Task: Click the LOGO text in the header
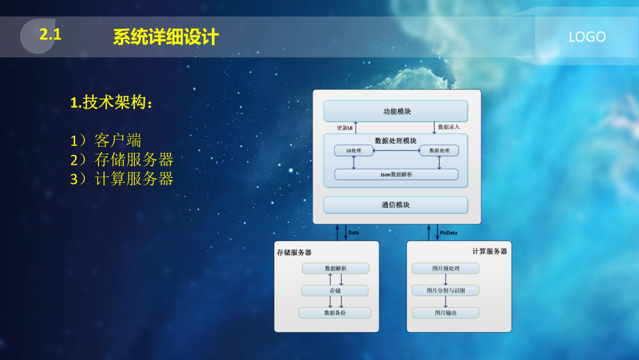(587, 38)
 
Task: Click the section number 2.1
(51, 35)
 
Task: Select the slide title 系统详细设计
(166, 38)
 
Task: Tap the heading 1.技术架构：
(111, 103)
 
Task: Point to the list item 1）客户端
(106, 141)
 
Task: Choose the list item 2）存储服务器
(122, 160)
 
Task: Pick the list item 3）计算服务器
(122, 179)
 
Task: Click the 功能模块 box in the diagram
(396, 111)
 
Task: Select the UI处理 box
(354, 151)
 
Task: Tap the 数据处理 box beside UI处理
(439, 151)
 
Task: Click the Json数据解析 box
(396, 174)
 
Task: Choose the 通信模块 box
(396, 205)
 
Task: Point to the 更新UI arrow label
(345, 128)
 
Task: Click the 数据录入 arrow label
(449, 128)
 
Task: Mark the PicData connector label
(449, 233)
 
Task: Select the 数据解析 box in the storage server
(335, 268)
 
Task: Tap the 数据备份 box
(335, 313)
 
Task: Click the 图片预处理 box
(445, 268)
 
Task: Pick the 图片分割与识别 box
(445, 291)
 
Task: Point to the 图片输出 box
(445, 313)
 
